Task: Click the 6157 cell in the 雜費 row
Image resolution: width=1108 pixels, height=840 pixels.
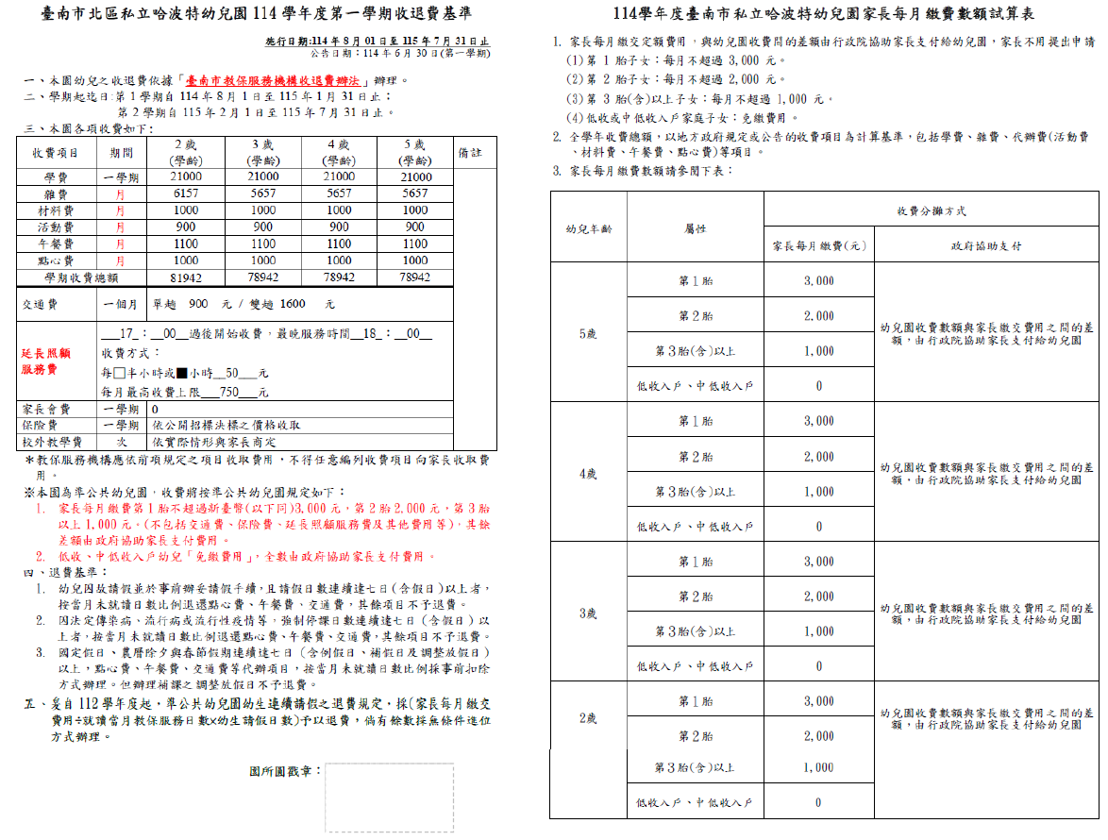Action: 187,193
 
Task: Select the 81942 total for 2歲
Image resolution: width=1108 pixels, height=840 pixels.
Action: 187,277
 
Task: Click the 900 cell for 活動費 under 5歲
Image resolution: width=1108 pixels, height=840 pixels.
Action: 414,227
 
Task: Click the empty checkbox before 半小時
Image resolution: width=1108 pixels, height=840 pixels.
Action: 119,373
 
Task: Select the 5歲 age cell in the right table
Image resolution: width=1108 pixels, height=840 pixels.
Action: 587,334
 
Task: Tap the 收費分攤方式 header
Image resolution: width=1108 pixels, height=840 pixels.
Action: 931,211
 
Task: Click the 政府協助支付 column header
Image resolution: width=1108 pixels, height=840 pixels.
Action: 985,246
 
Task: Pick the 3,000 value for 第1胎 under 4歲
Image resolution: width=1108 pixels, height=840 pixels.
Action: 818,422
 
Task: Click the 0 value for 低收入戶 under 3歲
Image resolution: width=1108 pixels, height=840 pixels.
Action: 818,666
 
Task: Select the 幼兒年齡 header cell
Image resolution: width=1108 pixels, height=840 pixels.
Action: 588,228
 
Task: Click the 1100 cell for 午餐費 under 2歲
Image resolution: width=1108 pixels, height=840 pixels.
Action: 187,244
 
